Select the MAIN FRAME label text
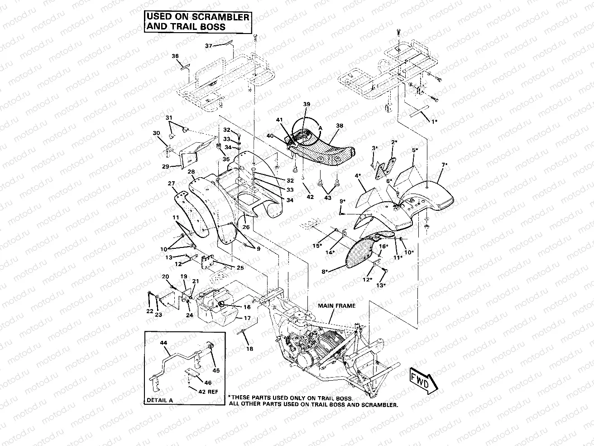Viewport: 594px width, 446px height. coord(336,305)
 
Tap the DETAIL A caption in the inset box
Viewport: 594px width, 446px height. coord(160,400)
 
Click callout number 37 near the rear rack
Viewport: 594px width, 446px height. coord(209,46)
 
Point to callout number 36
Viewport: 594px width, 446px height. coord(175,56)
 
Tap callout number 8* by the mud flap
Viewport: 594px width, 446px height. coord(324,272)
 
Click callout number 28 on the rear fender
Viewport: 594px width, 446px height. coord(191,172)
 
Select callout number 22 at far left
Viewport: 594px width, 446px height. coord(149,311)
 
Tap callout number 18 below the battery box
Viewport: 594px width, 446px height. coord(249,349)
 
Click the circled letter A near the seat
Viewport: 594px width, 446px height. coord(320,128)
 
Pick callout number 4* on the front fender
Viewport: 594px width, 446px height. coord(358,175)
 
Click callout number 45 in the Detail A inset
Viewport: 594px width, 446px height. coord(216,370)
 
